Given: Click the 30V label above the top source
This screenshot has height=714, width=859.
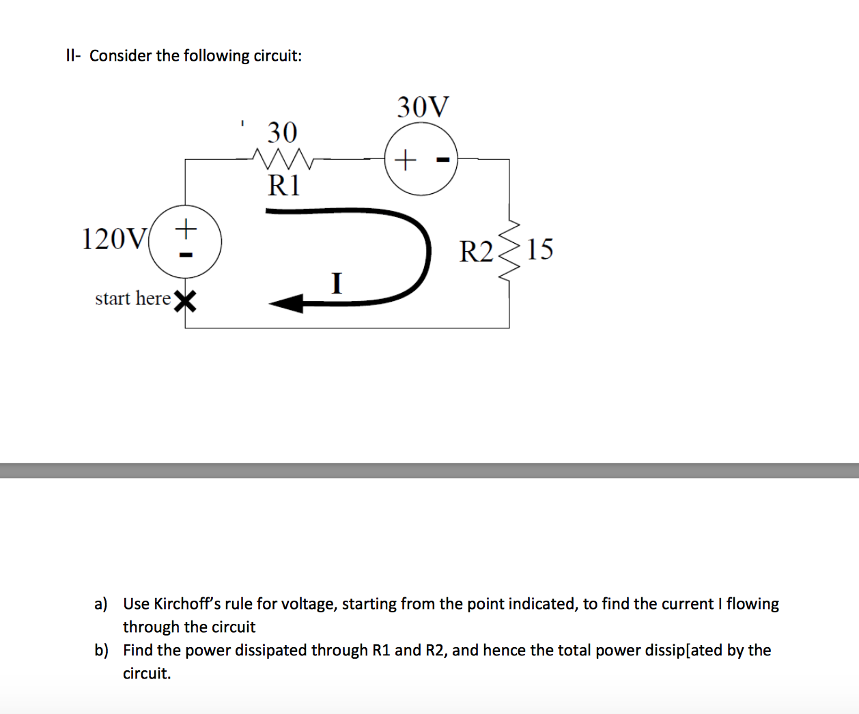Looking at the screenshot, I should tap(423, 107).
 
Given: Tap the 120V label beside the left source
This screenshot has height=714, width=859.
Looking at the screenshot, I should tap(113, 240).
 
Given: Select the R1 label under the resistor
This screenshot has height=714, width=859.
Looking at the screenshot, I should tap(283, 186).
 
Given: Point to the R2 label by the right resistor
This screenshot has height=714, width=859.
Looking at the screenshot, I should tap(475, 252).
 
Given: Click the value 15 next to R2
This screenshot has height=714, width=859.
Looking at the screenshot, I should tap(539, 250).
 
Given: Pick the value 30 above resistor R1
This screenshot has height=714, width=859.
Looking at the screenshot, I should tap(282, 132).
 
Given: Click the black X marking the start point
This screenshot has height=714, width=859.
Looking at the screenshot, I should tap(185, 300).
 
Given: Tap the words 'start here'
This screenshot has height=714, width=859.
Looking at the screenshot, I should tap(132, 298).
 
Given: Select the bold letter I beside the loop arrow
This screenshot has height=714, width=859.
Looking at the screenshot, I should tap(336, 283).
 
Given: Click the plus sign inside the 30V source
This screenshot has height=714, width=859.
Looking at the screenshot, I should tap(405, 160).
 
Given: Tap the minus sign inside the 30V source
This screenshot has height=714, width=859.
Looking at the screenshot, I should tap(442, 160).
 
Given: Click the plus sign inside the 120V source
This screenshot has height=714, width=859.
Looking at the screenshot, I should tap(185, 227).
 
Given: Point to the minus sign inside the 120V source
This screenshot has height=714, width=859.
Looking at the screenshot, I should tap(185, 255).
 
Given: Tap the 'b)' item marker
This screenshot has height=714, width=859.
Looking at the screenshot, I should tap(101, 650).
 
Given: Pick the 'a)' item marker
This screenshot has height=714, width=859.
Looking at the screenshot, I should tap(101, 603).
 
